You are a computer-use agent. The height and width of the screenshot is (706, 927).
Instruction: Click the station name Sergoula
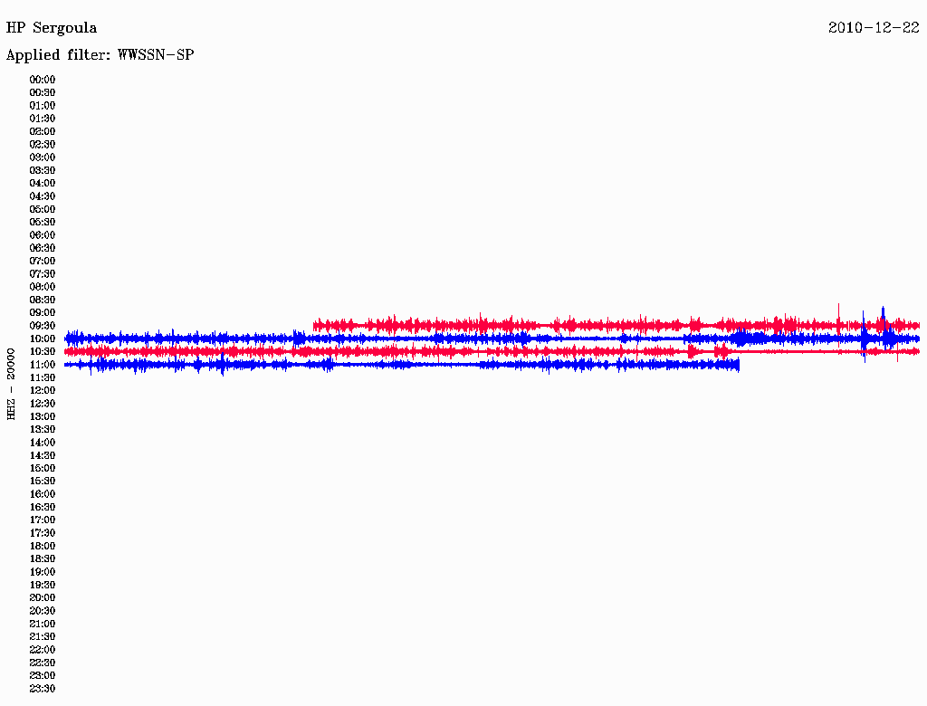[64, 28]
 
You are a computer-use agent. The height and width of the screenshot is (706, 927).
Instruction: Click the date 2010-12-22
[874, 28]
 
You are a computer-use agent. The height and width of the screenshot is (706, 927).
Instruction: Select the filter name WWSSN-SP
[156, 55]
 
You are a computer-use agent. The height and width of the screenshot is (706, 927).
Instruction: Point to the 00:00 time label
[43, 80]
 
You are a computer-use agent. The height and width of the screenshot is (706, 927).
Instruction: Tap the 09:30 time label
[43, 326]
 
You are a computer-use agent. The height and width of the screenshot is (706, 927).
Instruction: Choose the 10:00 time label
[43, 339]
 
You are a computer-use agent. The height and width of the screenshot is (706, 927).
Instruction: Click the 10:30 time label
[43, 352]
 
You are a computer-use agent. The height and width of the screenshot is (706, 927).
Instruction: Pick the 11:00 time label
[43, 365]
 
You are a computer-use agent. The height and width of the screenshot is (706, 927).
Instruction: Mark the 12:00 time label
[43, 390]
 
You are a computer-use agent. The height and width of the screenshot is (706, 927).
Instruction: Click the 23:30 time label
[43, 689]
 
